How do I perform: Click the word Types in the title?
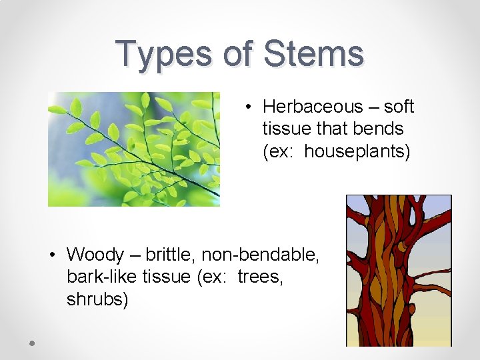pos(164,55)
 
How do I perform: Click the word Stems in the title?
pos(314,55)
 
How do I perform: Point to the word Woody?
pos(96,255)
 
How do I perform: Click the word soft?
pos(399,107)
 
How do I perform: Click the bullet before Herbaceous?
pos(247,107)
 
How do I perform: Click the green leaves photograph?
pos(133,149)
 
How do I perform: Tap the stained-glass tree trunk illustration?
pos(398,270)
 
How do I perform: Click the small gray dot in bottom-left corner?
pos(32,343)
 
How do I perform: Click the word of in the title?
pos(237,55)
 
